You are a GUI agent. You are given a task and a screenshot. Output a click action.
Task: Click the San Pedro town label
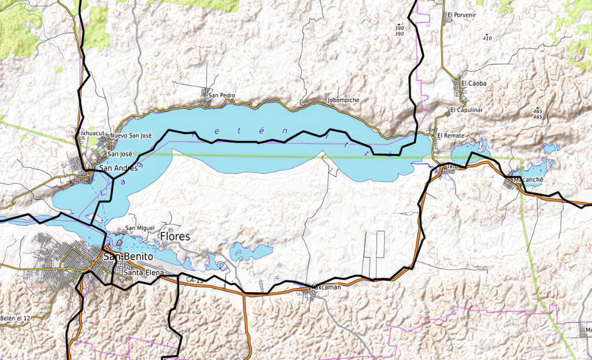coord(222,95)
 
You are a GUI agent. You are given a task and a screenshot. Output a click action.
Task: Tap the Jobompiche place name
coord(343,100)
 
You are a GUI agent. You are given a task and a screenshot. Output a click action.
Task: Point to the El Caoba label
coord(474,83)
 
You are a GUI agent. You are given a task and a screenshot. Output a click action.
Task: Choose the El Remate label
coord(450,136)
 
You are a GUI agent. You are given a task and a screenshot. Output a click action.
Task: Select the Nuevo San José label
coord(131,135)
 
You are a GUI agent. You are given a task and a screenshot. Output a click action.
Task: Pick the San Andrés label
coord(119,168)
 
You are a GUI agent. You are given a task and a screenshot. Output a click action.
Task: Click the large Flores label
coord(175,237)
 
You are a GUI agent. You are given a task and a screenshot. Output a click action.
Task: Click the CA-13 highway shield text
coord(195,280)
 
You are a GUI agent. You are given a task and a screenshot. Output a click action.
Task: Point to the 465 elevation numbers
coord(538,113)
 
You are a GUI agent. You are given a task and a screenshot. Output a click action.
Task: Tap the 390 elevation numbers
coord(399,31)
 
